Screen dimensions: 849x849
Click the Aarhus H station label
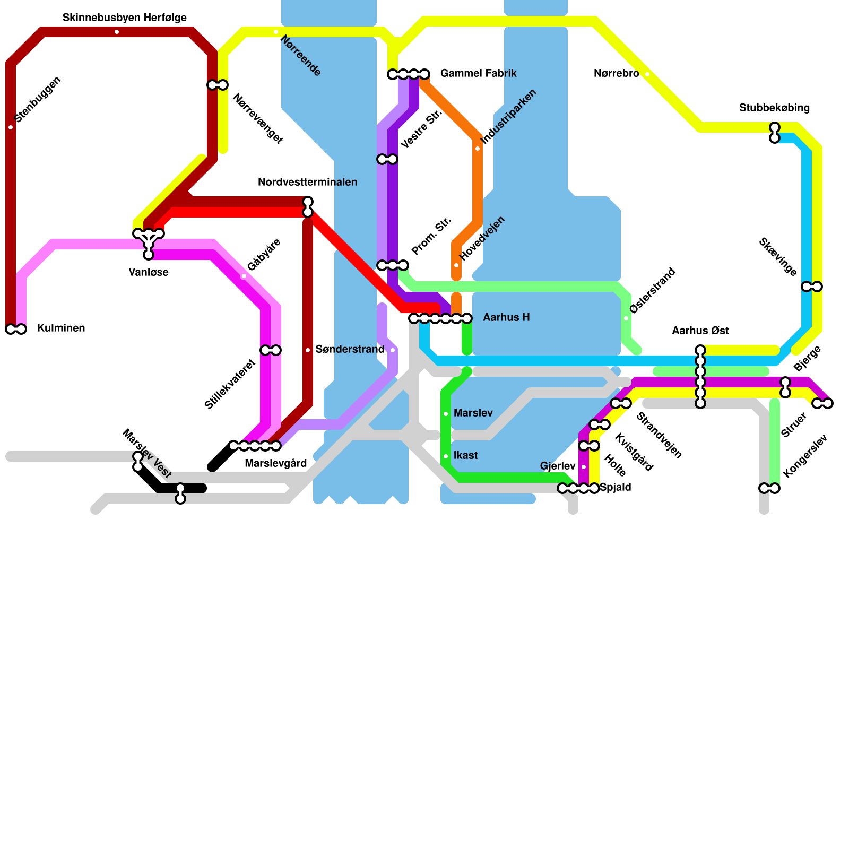coord(506,318)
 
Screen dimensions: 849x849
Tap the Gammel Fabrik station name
coord(478,73)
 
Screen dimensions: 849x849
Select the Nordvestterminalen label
coord(307,183)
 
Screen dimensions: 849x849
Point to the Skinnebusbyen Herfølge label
coord(125,18)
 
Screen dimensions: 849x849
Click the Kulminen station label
coord(61,328)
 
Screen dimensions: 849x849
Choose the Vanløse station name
coord(149,273)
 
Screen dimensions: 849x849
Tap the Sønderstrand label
coord(350,350)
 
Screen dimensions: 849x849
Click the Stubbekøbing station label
coord(774,108)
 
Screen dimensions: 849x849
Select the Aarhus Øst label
coord(700,331)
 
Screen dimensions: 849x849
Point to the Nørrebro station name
coord(616,74)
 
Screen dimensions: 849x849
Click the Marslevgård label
coord(275,464)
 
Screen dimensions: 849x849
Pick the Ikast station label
coord(465,456)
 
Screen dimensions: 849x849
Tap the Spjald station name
coord(615,488)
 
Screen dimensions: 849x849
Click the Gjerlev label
coord(558,466)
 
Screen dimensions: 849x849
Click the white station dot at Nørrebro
coord(647,74)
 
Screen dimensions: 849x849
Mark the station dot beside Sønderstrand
coord(308,350)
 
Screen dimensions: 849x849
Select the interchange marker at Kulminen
coord(16,329)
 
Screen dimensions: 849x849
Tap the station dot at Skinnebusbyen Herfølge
coord(117,32)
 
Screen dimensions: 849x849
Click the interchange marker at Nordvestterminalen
coord(308,207)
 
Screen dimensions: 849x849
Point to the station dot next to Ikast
coord(446,456)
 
